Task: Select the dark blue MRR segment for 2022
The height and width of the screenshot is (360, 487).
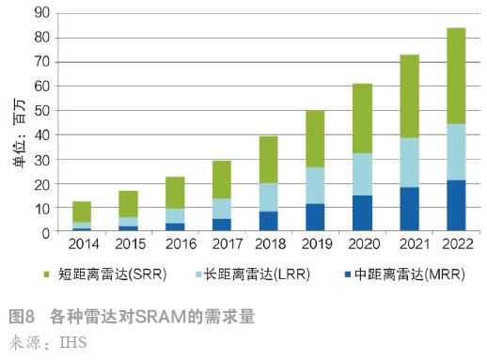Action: coord(455,206)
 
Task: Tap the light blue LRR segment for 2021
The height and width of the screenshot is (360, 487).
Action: coord(409,163)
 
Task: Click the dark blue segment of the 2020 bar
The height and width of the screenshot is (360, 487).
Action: coord(363,213)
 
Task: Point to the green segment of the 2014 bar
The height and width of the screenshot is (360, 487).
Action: coord(83,211)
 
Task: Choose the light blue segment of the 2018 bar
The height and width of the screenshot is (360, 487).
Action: coord(270,196)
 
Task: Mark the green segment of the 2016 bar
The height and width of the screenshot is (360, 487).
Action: coord(176,192)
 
